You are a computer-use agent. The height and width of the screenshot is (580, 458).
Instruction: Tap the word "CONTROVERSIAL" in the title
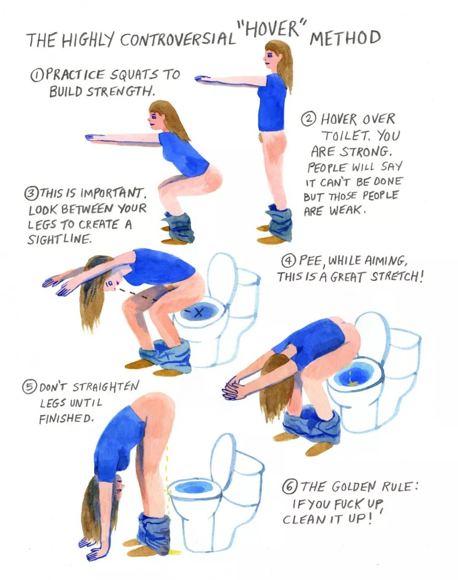(x=178, y=40)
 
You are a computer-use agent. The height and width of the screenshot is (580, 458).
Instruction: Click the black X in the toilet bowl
(x=199, y=312)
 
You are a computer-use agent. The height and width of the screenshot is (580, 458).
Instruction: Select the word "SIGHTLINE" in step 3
(x=59, y=239)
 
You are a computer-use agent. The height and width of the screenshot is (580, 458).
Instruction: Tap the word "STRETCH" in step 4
(x=395, y=276)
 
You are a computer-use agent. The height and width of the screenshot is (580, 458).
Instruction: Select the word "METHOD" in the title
(x=345, y=38)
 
